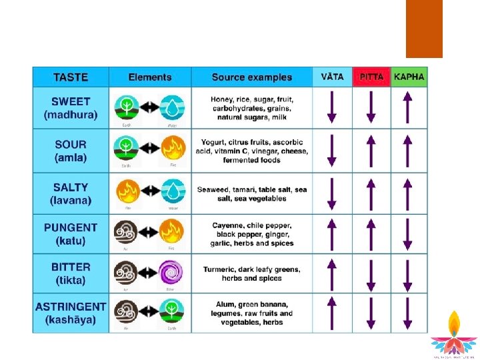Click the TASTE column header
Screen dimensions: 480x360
click(71, 77)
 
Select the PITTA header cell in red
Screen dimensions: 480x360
click(371, 77)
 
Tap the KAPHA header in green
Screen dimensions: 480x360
click(409, 77)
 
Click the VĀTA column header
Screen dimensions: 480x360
click(332, 77)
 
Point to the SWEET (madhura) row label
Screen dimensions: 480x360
click(71, 108)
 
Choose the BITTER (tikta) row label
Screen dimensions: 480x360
click(71, 273)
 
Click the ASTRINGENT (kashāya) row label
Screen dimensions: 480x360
click(71, 313)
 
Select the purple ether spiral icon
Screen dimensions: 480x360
click(171, 273)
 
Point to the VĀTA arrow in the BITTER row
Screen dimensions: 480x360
click(332, 274)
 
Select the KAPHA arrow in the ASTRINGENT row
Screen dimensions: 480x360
click(408, 314)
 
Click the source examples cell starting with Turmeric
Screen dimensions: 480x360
click(252, 273)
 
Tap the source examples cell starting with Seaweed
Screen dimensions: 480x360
click(252, 194)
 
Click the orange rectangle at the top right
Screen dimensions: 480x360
click(424, 29)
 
